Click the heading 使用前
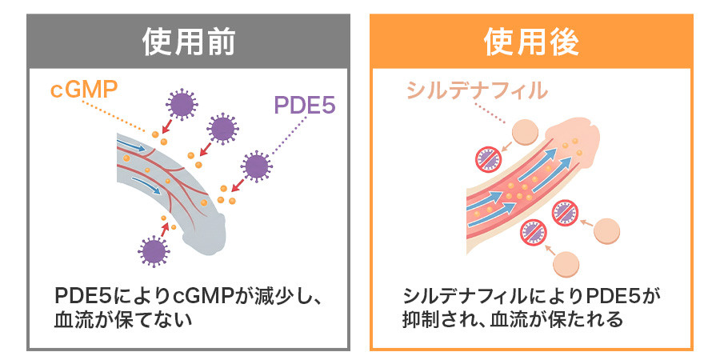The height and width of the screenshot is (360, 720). pyautogui.click(x=189, y=42)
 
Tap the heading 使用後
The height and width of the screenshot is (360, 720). pyautogui.click(x=531, y=42)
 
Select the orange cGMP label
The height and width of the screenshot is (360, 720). pyautogui.click(x=84, y=90)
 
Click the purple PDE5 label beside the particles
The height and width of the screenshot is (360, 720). pyautogui.click(x=305, y=105)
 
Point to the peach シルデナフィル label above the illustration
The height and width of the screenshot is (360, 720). pyautogui.click(x=477, y=90)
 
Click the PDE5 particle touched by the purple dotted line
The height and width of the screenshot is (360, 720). pyautogui.click(x=256, y=166)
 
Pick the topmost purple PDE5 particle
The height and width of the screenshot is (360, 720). pyautogui.click(x=182, y=105)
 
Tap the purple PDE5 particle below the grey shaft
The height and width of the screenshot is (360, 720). pyautogui.click(x=154, y=251)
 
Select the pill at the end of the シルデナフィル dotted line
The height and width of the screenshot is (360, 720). pyautogui.click(x=524, y=131)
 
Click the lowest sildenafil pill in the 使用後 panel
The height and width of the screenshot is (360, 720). pyautogui.click(x=566, y=265)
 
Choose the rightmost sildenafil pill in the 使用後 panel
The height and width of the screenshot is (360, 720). pyautogui.click(x=606, y=230)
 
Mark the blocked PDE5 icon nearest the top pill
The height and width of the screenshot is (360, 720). pyautogui.click(x=489, y=159)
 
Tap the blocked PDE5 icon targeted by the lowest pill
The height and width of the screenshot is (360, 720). pyautogui.click(x=534, y=233)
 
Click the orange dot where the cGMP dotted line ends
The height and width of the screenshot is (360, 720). pyautogui.click(x=155, y=134)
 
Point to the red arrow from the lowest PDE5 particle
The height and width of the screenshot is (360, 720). pyautogui.click(x=164, y=229)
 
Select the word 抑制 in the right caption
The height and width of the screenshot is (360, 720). pyautogui.click(x=418, y=318)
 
